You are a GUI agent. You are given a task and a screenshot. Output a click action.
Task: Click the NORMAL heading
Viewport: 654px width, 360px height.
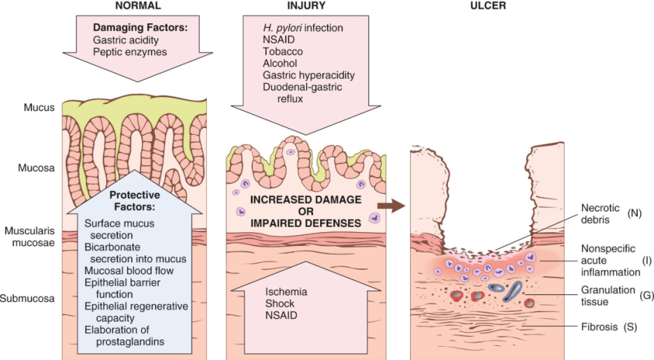click(138, 6)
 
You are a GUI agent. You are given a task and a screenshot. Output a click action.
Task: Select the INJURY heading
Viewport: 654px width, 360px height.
click(306, 6)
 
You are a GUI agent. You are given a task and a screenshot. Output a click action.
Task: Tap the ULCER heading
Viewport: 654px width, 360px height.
click(488, 6)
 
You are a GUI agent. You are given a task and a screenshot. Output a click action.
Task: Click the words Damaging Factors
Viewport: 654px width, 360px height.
click(140, 27)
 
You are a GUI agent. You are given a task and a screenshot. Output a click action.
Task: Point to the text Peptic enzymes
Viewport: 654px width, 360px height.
click(130, 52)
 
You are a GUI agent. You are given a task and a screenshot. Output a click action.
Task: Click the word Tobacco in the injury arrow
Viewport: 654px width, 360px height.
click(283, 51)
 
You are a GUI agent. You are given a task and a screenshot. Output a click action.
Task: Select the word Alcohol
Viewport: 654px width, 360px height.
click(280, 64)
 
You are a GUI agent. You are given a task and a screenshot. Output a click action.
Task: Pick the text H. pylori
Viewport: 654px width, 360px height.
click(282, 28)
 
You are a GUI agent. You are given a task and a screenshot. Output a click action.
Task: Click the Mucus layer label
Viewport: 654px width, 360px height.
click(39, 107)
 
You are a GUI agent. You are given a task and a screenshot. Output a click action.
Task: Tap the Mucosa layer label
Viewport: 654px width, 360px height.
click(36, 168)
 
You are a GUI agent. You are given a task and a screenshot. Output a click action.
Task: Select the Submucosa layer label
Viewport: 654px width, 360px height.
click(27, 298)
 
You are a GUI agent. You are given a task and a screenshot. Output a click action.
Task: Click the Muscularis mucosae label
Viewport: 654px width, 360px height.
click(29, 236)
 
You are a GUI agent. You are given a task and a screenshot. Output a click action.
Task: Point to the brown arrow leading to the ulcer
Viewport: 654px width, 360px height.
click(391, 206)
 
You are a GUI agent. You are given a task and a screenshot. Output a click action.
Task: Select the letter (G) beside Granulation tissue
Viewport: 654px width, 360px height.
click(646, 296)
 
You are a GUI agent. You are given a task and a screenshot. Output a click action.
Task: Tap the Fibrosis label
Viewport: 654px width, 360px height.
click(599, 326)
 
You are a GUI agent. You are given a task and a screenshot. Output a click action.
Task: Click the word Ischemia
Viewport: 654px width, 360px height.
click(286, 291)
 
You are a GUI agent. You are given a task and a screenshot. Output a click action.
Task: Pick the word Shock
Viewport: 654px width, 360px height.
click(279, 303)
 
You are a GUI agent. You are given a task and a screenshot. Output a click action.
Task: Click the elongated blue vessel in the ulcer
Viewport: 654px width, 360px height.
click(512, 291)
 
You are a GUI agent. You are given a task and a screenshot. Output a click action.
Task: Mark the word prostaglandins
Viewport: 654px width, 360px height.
click(130, 341)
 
